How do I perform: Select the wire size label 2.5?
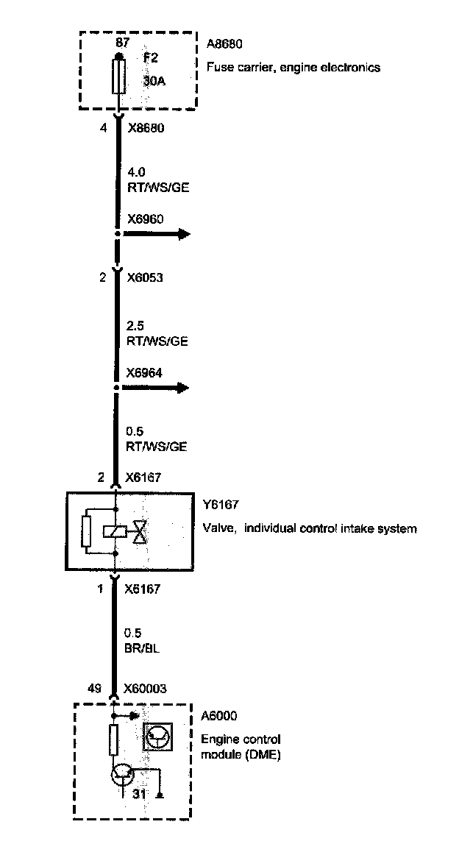135,327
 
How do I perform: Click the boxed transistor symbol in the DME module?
158,736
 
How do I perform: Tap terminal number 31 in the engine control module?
140,795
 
